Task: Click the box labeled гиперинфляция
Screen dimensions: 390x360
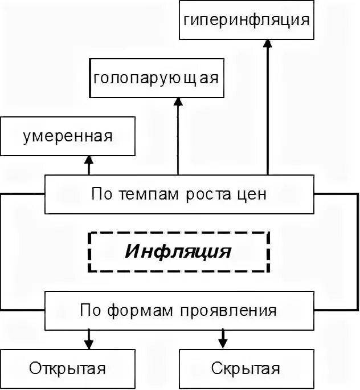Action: tap(246, 20)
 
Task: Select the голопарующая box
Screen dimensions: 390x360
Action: tap(156, 78)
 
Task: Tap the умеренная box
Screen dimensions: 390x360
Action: tap(68, 136)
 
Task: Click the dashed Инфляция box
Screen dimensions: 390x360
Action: tap(179, 251)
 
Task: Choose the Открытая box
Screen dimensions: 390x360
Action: tap(68, 368)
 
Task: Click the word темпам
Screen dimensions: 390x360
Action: tap(141, 194)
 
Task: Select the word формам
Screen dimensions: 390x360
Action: tap(142, 311)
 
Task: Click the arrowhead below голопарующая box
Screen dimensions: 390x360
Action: tap(178, 102)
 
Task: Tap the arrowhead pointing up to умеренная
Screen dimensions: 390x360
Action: tap(89, 160)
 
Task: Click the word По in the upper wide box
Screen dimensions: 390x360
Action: tap(99, 194)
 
